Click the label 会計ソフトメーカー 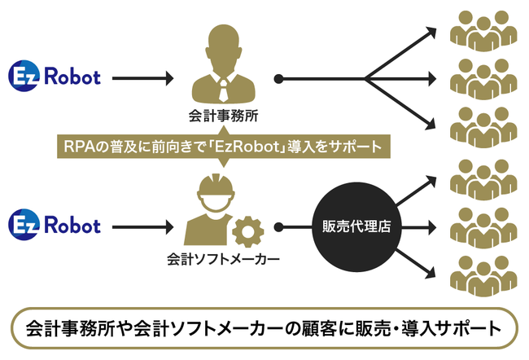pos(223,260)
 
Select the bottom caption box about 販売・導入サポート pos(264,329)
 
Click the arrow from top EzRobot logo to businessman pos(142,78)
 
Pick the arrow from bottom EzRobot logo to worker pos(142,225)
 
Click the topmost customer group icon pos(483,29)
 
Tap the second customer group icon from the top pos(483,77)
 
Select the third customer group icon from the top pos(483,127)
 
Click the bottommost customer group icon pos(483,274)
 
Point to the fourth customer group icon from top pos(483,177)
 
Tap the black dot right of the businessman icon pos(278,79)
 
